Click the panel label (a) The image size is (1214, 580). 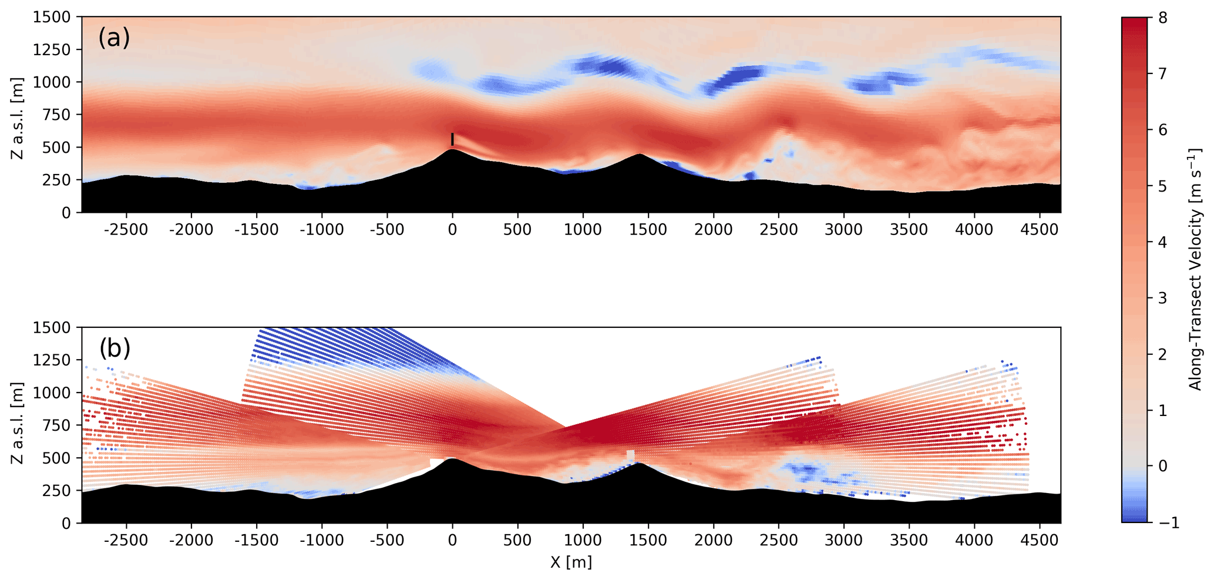(114, 38)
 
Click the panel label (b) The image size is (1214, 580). (115, 348)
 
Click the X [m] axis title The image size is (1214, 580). (570, 562)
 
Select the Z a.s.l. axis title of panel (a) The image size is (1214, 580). (17, 118)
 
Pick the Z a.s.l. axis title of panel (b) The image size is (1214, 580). (17, 423)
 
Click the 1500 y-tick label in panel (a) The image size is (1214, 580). (52, 18)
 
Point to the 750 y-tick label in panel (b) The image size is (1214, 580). (58, 425)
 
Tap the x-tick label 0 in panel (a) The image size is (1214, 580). (452, 230)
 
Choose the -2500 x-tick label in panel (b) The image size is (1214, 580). (126, 540)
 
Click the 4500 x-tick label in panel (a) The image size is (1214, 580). (1039, 230)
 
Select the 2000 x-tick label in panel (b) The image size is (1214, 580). (713, 540)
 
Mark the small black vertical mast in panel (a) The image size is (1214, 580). (452, 139)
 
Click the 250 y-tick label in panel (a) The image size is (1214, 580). (58, 180)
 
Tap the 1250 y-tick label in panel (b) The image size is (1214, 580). (52, 360)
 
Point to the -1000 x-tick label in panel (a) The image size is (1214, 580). (321, 230)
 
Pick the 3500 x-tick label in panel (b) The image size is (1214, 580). (909, 540)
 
